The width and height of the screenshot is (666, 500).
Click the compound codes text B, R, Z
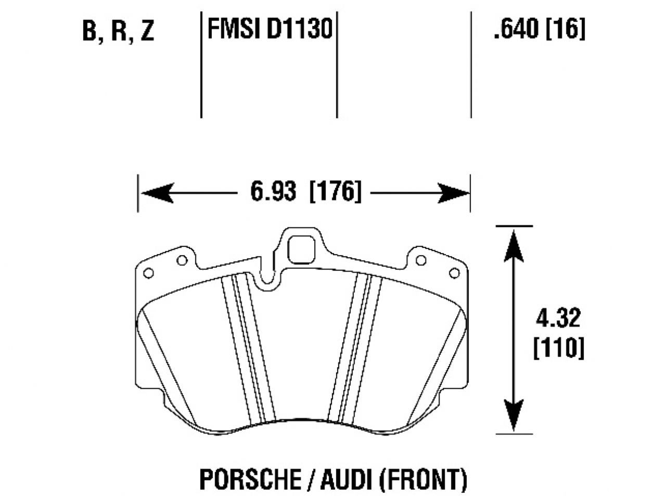118,31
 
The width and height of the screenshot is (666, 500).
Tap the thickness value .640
516,30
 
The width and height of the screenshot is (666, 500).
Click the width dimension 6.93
273,193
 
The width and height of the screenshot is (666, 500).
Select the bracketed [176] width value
335,193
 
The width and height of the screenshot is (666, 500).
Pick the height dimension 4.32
558,318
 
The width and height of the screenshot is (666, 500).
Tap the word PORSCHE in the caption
244,479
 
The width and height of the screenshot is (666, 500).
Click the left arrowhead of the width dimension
156,194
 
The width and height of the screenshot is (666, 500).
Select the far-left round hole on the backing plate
148,272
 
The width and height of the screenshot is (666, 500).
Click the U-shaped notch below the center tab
268,279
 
